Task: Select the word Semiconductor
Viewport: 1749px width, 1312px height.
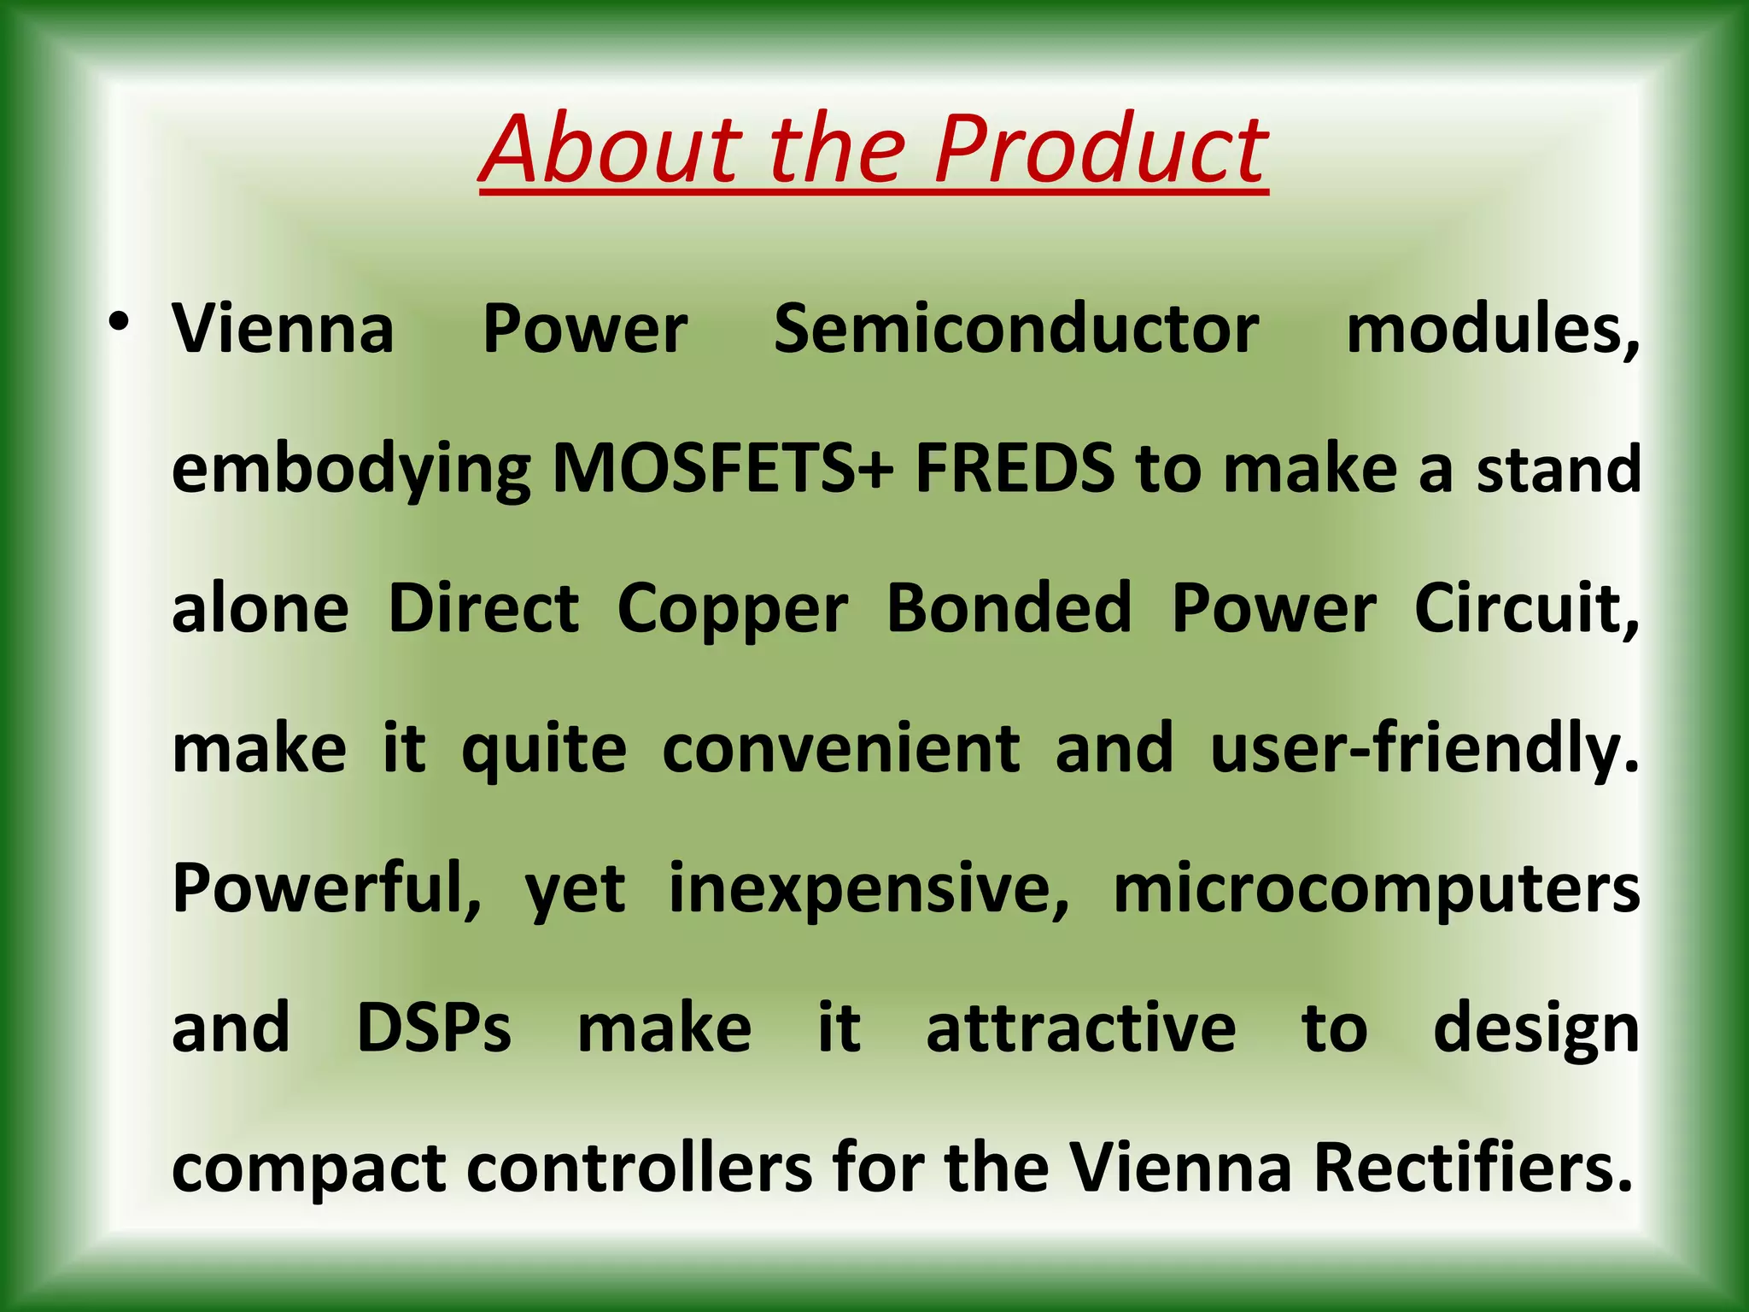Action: (1015, 330)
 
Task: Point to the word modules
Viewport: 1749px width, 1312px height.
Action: (1491, 330)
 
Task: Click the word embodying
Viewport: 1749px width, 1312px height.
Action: (351, 471)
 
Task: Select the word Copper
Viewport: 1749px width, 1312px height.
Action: (732, 610)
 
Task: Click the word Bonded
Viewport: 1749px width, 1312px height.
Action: (1009, 608)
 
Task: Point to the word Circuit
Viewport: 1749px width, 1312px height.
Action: (1526, 608)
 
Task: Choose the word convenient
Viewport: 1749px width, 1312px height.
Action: (840, 748)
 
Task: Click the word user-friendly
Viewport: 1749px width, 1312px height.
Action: (1424, 748)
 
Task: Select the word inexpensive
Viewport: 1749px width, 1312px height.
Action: (868, 888)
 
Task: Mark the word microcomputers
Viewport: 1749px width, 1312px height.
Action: (1376, 888)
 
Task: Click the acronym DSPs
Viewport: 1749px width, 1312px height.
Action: (434, 1028)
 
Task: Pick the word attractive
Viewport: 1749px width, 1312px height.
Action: (1080, 1028)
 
